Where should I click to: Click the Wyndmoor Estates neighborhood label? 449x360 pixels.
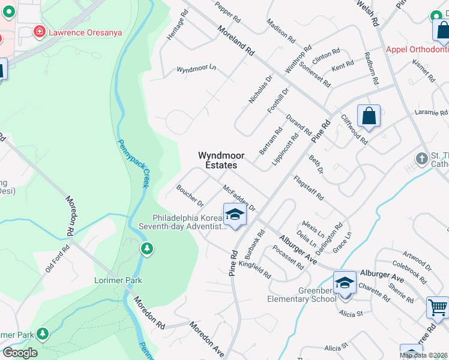pyautogui.click(x=218, y=160)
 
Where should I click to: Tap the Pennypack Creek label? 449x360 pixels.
pyautogui.click(x=131, y=163)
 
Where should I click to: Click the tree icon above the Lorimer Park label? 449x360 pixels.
pyautogui.click(x=145, y=248)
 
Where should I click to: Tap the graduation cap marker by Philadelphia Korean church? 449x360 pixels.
pyautogui.click(x=235, y=214)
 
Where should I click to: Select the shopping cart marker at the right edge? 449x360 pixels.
pyautogui.click(x=438, y=307)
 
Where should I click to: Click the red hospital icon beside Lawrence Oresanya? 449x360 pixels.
pyautogui.click(x=40, y=31)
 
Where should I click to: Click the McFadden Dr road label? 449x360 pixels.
pyautogui.click(x=240, y=198)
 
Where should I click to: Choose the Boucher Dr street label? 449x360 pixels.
pyautogui.click(x=190, y=195)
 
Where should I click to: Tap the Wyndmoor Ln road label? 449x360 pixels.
pyautogui.click(x=196, y=70)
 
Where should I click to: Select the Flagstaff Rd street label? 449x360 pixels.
pyautogui.click(x=309, y=188)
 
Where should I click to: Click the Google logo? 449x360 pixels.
pyautogui.click(x=19, y=353)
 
